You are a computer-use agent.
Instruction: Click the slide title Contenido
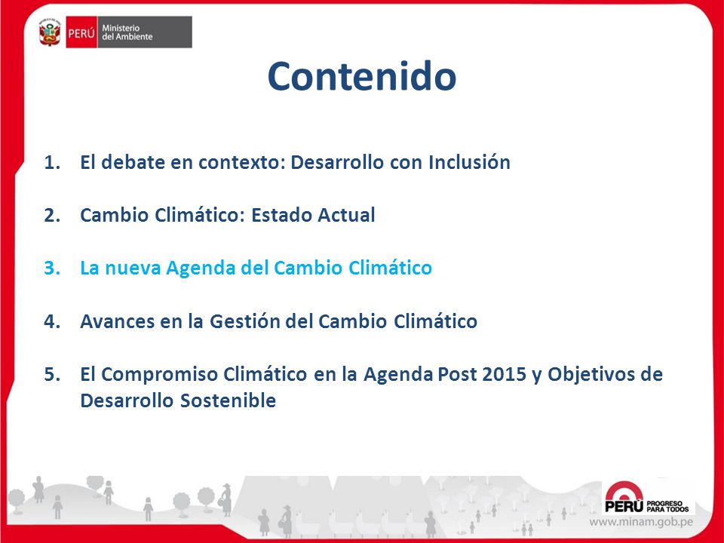(x=362, y=76)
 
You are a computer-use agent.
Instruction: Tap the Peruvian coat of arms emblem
(x=50, y=32)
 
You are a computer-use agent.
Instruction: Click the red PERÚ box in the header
(x=81, y=32)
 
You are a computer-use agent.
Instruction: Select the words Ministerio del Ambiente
(x=127, y=32)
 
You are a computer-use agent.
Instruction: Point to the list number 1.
(x=52, y=163)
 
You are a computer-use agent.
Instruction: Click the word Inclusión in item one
(x=469, y=162)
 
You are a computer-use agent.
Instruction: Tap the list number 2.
(x=52, y=216)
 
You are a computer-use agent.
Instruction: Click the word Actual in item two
(x=345, y=215)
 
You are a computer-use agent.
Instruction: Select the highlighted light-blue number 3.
(x=52, y=268)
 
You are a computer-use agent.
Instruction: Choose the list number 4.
(x=52, y=321)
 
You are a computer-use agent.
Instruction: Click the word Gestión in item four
(x=244, y=321)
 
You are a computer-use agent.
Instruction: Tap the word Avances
(x=118, y=321)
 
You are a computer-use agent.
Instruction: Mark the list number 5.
(x=52, y=375)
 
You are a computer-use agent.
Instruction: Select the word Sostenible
(x=228, y=400)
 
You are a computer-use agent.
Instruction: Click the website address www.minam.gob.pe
(x=641, y=522)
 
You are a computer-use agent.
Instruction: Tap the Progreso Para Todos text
(x=667, y=506)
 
